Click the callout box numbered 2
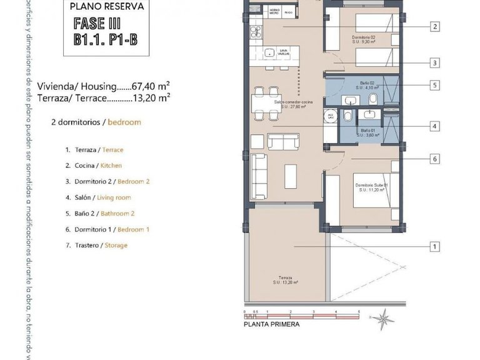click(x=434, y=26)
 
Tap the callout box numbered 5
click(x=434, y=85)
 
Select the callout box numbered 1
click(x=434, y=246)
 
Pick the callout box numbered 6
click(x=434, y=159)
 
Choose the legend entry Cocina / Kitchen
click(x=94, y=166)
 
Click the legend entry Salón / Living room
click(x=98, y=197)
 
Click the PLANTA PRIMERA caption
click(x=271, y=324)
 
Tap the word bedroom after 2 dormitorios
click(x=124, y=122)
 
